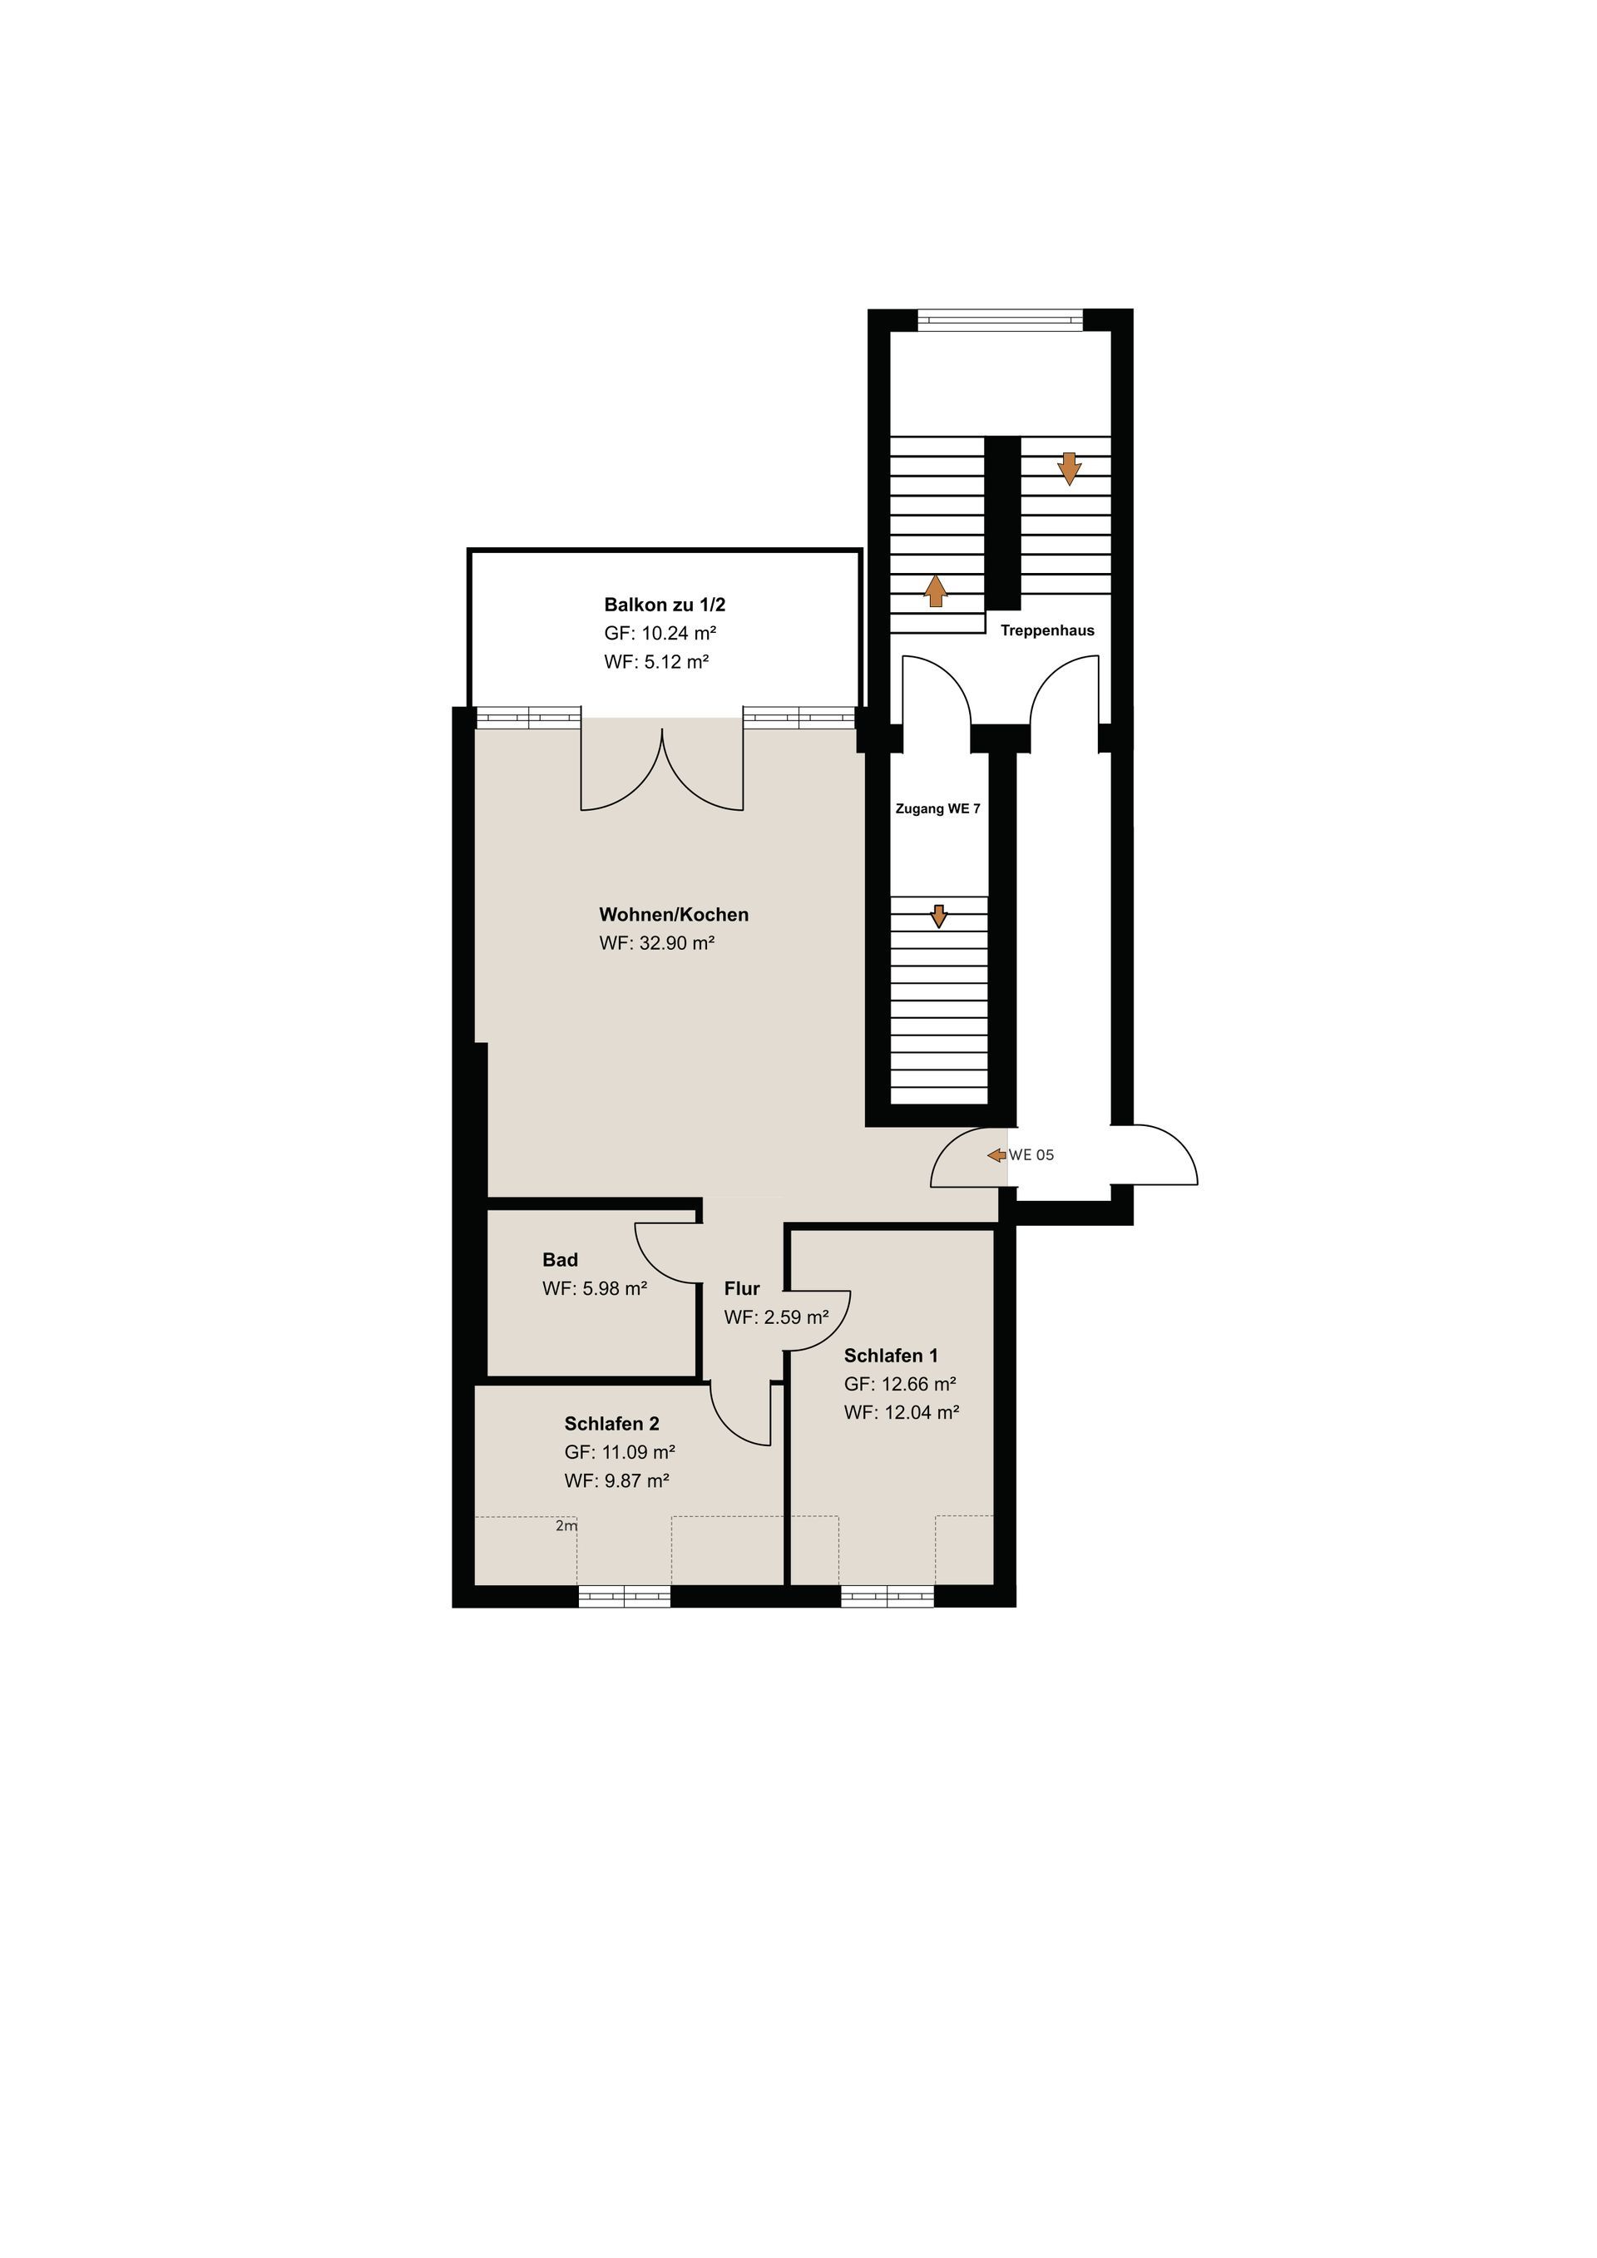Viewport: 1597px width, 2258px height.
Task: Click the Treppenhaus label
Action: click(x=1047, y=630)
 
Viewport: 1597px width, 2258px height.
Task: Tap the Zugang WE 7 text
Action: click(x=937, y=808)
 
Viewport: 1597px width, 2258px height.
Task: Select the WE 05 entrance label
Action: click(x=1031, y=1154)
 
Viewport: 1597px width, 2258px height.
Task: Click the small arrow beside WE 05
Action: click(x=996, y=1154)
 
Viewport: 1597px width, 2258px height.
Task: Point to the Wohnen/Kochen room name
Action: click(x=674, y=915)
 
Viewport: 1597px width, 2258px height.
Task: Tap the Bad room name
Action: click(x=561, y=1260)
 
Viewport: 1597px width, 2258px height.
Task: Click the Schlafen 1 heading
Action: click(x=891, y=1355)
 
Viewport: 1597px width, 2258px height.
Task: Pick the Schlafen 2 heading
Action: click(x=611, y=1423)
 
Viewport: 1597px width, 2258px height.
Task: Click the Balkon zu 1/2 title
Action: click(x=665, y=605)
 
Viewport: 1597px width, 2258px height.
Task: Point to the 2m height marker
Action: click(x=566, y=1526)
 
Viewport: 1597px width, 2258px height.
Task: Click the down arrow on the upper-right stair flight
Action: click(x=1069, y=468)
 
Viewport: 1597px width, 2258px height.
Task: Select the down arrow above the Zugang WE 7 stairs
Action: click(x=939, y=916)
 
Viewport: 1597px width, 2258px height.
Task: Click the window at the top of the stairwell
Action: click(x=1000, y=319)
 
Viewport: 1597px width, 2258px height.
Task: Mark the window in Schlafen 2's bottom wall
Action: click(x=625, y=1596)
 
